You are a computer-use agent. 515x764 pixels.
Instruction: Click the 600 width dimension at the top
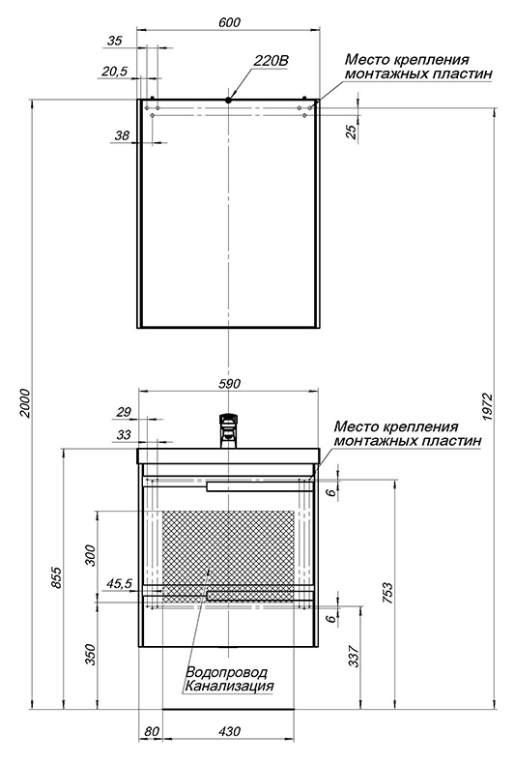(230, 22)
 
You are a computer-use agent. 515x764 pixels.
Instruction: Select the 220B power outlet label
(272, 61)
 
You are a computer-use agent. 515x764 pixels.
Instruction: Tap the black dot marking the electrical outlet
(228, 100)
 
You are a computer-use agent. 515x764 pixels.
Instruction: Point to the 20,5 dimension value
(114, 72)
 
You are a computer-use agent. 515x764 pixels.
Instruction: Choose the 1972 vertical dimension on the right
(488, 407)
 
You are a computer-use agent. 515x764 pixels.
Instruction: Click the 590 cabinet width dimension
(229, 384)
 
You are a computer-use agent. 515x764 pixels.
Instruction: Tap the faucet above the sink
(228, 430)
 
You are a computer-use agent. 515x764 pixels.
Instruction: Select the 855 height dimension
(56, 577)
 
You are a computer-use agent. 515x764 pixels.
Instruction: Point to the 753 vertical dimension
(387, 592)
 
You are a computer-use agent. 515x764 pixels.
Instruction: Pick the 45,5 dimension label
(119, 583)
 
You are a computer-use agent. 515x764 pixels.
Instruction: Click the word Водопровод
(227, 672)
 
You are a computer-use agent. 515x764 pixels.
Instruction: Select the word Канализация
(228, 686)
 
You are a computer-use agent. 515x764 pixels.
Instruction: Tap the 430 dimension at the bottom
(229, 731)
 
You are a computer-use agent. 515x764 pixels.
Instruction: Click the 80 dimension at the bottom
(152, 731)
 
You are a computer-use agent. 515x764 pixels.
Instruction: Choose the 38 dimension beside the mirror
(122, 135)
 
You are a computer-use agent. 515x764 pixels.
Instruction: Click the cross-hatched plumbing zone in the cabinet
(228, 553)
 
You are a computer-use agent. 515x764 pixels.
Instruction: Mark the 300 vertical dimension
(91, 555)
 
